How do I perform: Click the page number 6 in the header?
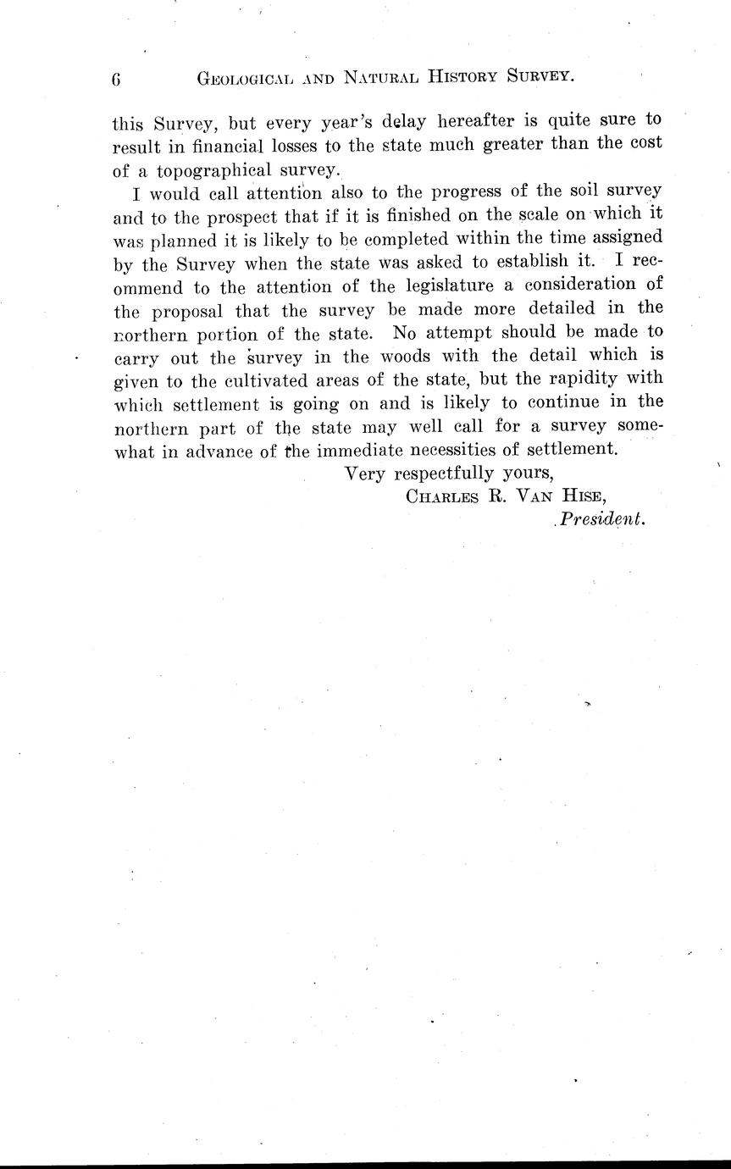tap(117, 80)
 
